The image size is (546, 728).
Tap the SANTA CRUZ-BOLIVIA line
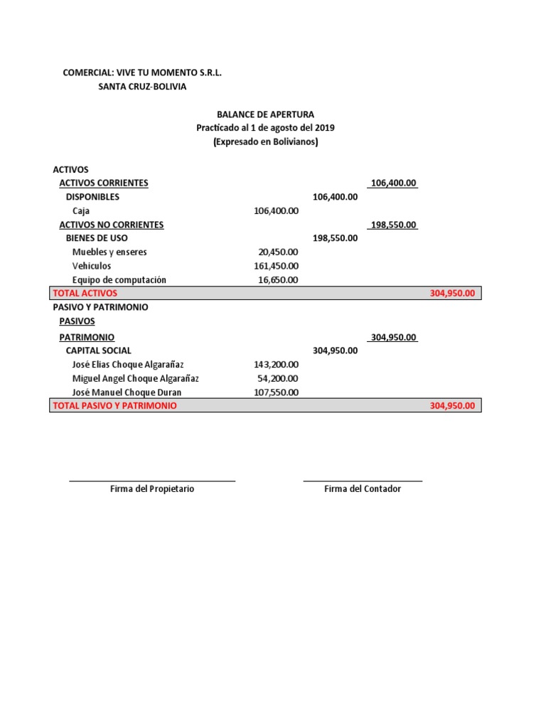click(142, 87)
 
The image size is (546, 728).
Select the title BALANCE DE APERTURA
click(265, 114)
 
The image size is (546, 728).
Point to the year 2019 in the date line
click(324, 128)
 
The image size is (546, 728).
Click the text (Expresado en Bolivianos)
click(265, 141)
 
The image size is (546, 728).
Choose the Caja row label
click(81, 210)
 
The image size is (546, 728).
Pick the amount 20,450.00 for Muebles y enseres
click(278, 252)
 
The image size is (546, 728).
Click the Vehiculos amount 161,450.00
click(276, 266)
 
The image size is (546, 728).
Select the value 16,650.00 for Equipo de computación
click(278, 279)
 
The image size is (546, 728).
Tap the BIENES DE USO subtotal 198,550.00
click(335, 238)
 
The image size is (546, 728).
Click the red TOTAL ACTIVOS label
click(85, 293)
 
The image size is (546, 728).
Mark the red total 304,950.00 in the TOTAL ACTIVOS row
click(451, 293)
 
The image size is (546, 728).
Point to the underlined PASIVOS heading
click(77, 321)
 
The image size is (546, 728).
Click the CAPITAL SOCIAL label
click(98, 350)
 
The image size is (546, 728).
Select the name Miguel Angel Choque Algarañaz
click(136, 378)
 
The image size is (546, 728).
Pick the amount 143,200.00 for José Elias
click(276, 364)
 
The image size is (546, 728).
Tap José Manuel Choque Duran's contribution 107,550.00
click(276, 392)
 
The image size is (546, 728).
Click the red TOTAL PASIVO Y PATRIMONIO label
click(114, 405)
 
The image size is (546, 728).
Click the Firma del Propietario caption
click(152, 489)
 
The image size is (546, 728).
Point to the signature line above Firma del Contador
click(363, 481)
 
